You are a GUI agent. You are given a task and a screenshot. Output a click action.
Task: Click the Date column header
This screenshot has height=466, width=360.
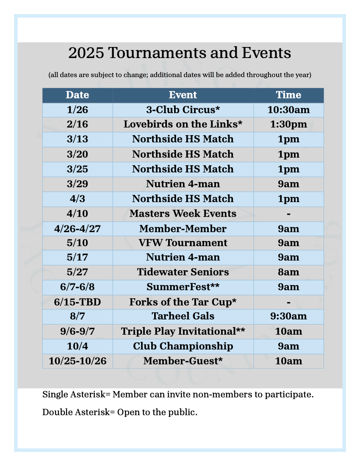click(78, 95)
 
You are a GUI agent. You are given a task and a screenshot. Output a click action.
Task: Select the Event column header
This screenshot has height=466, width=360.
click(183, 95)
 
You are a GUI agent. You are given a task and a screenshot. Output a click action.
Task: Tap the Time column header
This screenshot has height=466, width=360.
click(288, 95)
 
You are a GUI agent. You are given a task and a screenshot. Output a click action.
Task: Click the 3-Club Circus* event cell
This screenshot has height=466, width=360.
click(183, 110)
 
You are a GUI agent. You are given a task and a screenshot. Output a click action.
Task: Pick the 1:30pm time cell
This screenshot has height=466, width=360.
click(288, 125)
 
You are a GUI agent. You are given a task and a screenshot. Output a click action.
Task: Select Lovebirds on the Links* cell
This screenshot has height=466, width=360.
click(183, 125)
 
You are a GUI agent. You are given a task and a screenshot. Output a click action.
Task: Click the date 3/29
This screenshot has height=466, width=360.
click(78, 184)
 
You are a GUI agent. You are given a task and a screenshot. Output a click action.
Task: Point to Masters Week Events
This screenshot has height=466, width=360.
click(183, 214)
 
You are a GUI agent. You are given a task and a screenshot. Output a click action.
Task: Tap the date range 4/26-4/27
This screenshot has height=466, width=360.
click(78, 229)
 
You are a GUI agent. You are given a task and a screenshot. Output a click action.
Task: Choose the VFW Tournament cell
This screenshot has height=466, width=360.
click(183, 243)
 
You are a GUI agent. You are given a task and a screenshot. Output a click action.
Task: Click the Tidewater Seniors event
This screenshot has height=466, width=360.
click(183, 272)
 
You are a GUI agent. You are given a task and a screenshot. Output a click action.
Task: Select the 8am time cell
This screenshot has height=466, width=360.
click(288, 272)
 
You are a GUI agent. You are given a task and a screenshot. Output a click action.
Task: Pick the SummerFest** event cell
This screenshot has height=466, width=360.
click(183, 287)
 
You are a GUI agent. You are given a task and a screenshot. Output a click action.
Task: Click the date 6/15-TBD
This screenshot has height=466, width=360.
click(78, 302)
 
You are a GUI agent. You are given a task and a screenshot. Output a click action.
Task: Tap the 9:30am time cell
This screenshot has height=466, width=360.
click(288, 316)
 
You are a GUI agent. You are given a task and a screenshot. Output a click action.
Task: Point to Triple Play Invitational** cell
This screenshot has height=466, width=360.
click(183, 331)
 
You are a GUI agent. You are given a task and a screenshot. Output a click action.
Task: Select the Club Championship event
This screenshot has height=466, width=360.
click(183, 346)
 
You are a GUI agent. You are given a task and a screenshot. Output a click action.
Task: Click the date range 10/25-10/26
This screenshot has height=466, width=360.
click(78, 361)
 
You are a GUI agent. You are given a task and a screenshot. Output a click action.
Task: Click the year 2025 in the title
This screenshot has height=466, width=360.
click(86, 53)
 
